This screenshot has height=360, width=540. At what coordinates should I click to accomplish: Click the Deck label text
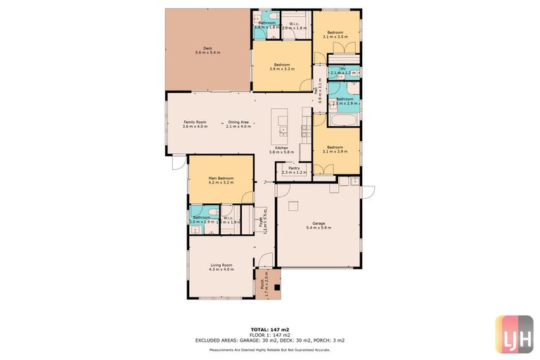207,50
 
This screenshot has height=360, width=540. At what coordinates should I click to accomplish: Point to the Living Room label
221,266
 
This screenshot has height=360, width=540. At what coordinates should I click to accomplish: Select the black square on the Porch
275,286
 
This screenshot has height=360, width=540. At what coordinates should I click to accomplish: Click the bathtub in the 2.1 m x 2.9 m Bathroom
344,120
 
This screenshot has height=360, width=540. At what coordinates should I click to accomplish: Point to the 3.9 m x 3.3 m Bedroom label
281,67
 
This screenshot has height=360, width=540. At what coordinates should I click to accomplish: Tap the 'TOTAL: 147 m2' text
270,329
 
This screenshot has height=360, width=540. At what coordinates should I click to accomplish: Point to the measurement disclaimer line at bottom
270,349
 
